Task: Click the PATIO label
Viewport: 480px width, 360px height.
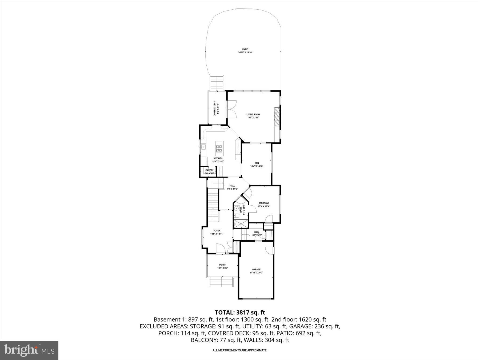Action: point(245,49)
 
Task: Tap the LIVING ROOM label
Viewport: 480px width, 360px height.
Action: point(253,114)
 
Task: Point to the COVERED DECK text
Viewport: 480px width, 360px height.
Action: point(215,109)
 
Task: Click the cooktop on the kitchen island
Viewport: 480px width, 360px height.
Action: point(219,149)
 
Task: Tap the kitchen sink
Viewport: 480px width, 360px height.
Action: point(203,147)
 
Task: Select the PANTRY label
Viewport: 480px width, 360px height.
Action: point(209,170)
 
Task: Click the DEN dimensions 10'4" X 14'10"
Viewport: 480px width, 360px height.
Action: point(257,166)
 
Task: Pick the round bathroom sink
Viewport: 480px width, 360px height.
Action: point(236,209)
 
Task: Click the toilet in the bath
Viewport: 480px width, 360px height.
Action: point(237,216)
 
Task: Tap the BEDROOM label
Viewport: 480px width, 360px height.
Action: point(263,203)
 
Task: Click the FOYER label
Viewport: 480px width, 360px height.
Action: point(217,231)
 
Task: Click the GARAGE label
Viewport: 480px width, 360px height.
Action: point(256,269)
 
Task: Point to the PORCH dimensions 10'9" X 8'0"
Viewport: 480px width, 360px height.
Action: point(222,268)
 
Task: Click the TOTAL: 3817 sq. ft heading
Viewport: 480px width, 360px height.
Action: point(240,312)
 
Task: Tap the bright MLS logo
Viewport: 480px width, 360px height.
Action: point(29,350)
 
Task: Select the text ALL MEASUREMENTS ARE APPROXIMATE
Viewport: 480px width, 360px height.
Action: point(240,350)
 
